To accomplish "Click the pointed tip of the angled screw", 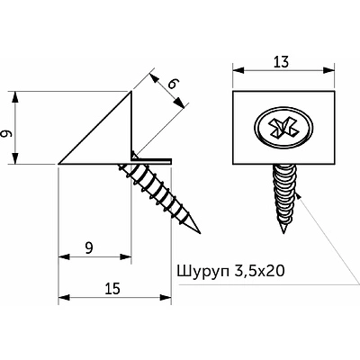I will click(x=199, y=224).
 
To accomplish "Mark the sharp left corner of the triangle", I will click(x=59, y=165).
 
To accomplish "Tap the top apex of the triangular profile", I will click(x=131, y=93).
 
